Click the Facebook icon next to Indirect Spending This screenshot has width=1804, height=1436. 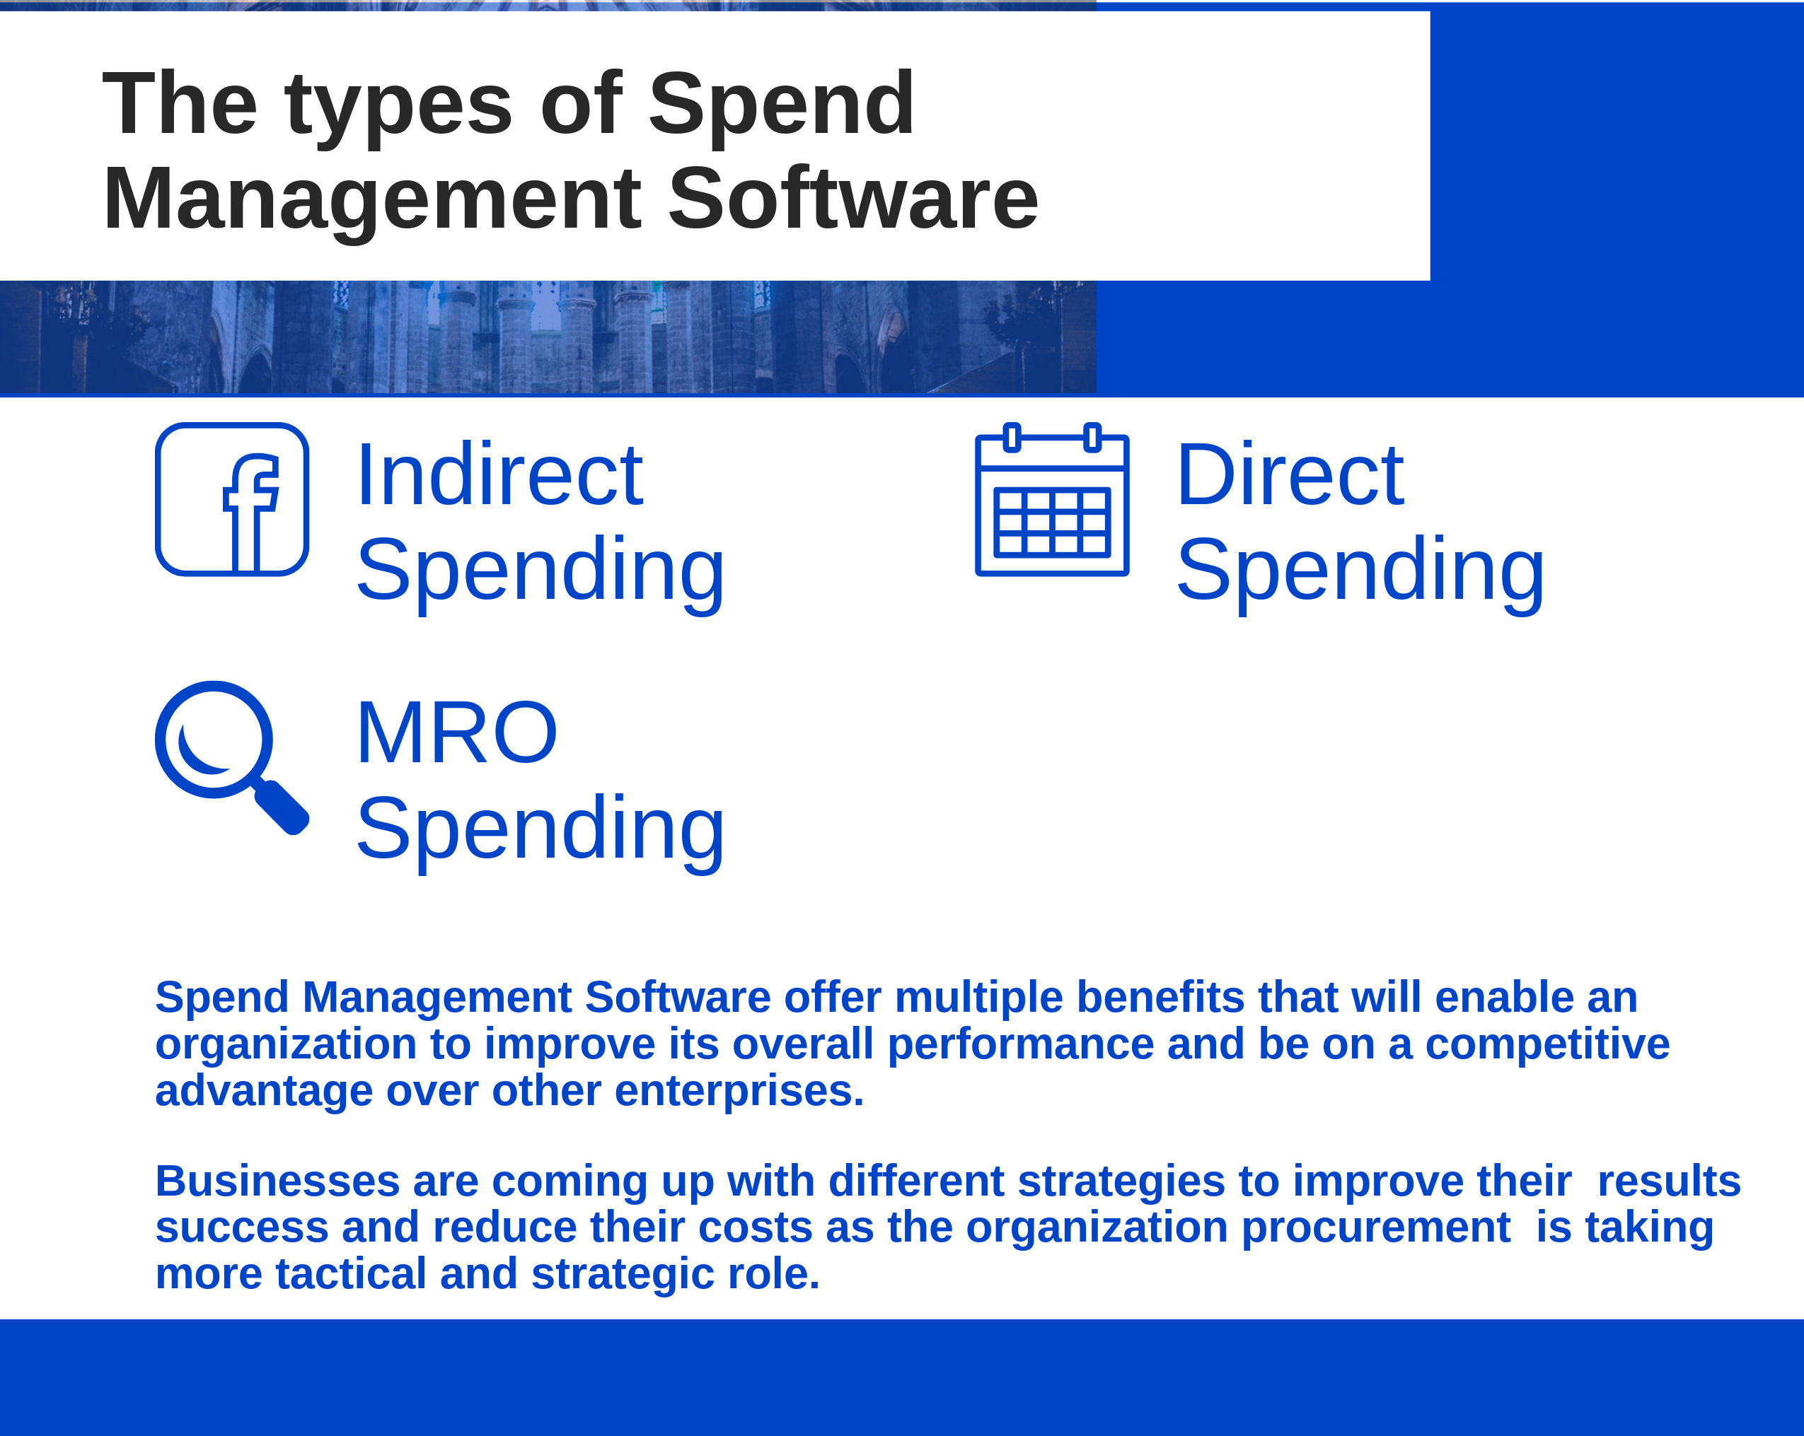(232, 499)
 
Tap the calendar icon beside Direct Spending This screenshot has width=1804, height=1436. (1052, 501)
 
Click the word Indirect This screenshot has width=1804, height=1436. (499, 475)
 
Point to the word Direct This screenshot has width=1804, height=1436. (1290, 475)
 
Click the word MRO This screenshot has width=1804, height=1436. (456, 733)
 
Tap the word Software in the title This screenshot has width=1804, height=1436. (852, 199)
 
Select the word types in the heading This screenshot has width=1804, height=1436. (398, 105)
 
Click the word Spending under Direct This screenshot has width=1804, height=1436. (1360, 571)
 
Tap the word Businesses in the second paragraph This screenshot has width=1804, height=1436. (277, 1181)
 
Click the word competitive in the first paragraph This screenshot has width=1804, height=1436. (1547, 1044)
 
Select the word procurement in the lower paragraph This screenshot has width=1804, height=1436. (1375, 1227)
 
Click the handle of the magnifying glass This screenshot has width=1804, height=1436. (282, 806)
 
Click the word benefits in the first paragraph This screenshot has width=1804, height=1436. (1160, 997)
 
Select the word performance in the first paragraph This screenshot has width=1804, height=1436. (1020, 1044)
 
